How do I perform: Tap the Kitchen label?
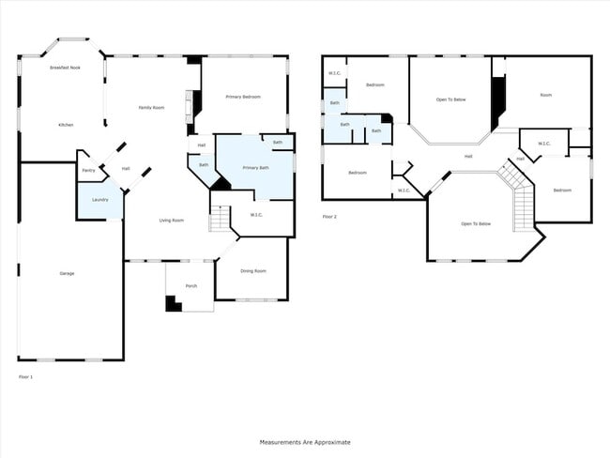pyautogui.click(x=66, y=125)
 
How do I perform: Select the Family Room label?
pyautogui.click(x=151, y=108)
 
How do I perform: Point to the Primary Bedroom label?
pyautogui.click(x=242, y=97)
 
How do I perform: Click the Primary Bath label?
pyautogui.click(x=255, y=167)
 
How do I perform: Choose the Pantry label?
pyautogui.click(x=88, y=170)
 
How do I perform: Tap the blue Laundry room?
pyautogui.click(x=99, y=200)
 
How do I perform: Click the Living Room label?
pyautogui.click(x=171, y=220)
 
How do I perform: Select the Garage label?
pyautogui.click(x=67, y=273)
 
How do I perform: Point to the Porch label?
pyautogui.click(x=191, y=285)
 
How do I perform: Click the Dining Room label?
pyautogui.click(x=252, y=271)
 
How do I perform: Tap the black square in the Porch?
pyautogui.click(x=173, y=304)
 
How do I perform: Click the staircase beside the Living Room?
pyautogui.click(x=219, y=219)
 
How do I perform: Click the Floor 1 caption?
pyautogui.click(x=25, y=376)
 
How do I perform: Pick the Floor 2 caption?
pyautogui.click(x=328, y=216)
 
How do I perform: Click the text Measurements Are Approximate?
pyautogui.click(x=305, y=441)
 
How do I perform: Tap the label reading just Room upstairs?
pyautogui.click(x=544, y=95)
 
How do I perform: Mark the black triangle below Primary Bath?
pyautogui.click(x=221, y=184)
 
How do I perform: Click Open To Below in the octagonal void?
pyautogui.click(x=476, y=223)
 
